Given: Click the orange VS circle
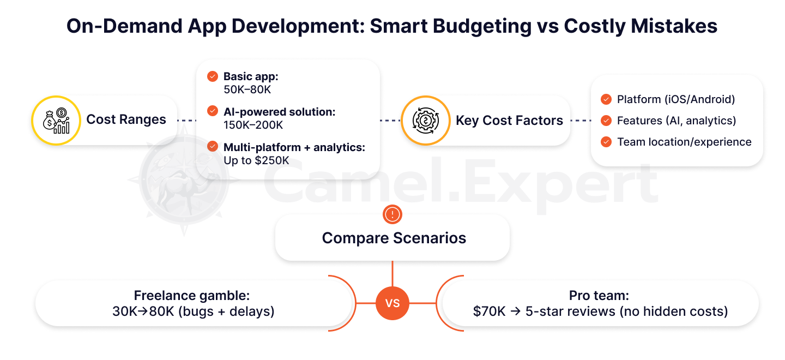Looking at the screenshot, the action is [392, 303].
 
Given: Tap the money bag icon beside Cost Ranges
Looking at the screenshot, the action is [56, 121].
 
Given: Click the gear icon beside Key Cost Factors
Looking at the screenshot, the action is [425, 121].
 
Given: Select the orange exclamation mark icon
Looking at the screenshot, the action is [392, 214].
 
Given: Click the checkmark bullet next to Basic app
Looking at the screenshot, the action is [213, 76].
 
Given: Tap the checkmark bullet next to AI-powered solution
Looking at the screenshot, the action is [213, 111].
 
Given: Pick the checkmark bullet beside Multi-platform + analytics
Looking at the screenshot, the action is [213, 146].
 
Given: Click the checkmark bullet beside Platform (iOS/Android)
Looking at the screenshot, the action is [606, 99].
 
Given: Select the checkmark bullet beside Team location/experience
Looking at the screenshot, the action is [606, 142].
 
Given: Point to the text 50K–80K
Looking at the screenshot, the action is [247, 90].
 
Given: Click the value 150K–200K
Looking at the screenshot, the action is [253, 125].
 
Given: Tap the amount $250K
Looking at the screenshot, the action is [272, 160].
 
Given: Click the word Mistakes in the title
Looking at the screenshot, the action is [674, 26].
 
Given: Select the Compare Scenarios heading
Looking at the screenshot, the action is [394, 238].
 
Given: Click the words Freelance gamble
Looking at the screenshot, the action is [192, 296].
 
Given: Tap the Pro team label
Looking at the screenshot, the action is [599, 296].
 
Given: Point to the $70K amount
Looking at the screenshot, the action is [489, 311].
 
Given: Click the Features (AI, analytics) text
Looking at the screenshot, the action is [677, 121].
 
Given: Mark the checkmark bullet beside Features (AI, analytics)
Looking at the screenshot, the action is [606, 121].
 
